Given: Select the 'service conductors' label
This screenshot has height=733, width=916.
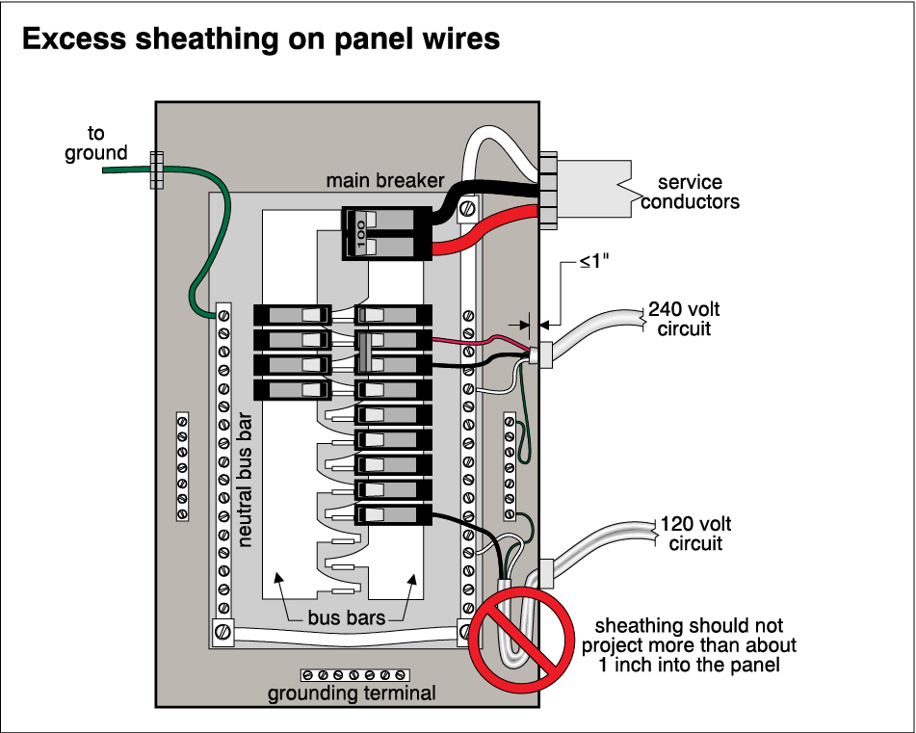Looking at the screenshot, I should point(690,192).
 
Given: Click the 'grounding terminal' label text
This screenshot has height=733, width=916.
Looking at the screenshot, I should point(352,693).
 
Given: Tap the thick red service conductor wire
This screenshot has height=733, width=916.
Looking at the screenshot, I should point(482,241).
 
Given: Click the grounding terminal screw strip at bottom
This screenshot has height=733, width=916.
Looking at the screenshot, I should point(354,673).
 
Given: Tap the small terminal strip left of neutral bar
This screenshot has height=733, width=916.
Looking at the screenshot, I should point(182,466).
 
